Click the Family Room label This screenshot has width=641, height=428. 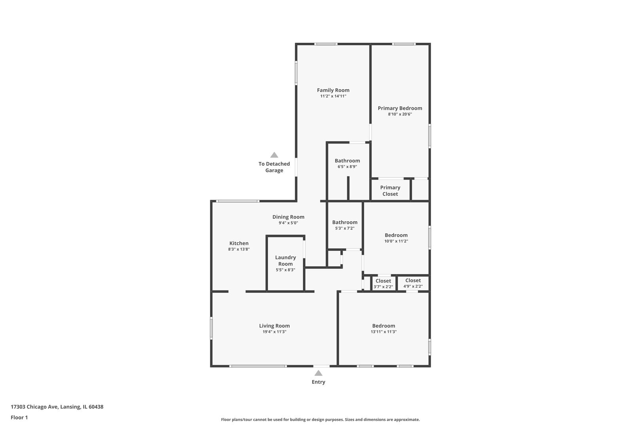[333, 90]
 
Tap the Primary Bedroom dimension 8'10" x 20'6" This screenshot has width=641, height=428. [400, 114]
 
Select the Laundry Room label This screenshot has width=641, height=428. [285, 260]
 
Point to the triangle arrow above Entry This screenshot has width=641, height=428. [318, 373]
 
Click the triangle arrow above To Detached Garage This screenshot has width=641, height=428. [274, 155]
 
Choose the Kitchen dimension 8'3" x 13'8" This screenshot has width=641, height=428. [239, 249]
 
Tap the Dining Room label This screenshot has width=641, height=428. [288, 217]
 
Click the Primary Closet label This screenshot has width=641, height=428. [390, 191]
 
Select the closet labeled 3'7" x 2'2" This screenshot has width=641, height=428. [383, 284]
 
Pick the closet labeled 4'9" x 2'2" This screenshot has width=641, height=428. [413, 283]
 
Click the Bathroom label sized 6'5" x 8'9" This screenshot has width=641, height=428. [347, 160]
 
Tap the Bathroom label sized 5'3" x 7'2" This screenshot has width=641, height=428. [345, 222]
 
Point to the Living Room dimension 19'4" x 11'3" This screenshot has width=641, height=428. [274, 332]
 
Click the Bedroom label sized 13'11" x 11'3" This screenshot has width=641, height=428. [383, 326]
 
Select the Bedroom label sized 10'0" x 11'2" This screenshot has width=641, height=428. [396, 235]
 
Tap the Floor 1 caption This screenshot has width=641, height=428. [19, 417]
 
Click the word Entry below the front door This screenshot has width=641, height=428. [318, 382]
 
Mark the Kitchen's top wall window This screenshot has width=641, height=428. [238, 201]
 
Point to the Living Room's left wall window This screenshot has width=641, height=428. [211, 328]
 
